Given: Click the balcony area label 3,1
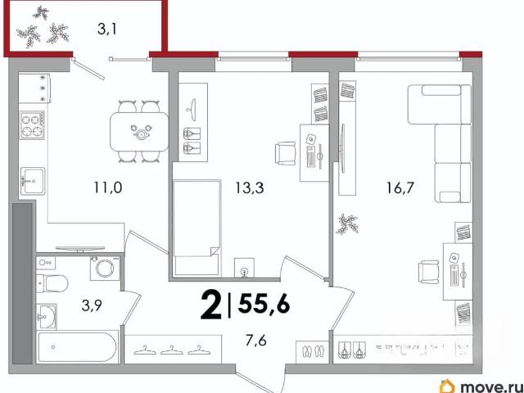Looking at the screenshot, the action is point(106,29).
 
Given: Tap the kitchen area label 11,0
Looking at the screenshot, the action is point(107,187).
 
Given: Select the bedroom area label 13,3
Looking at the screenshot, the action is point(249,187).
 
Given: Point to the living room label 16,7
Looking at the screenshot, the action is point(400,187).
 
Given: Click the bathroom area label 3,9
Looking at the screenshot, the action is point(91,306).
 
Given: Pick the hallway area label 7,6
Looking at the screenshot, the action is point(257,341).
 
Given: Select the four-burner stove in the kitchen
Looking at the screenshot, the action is point(33,125).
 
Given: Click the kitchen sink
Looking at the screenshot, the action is point(33,181).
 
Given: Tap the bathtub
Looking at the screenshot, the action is point(77,346).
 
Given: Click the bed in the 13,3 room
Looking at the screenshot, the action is point(196,228).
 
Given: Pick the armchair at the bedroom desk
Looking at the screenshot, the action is point(286,153).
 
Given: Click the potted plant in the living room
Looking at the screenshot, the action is point(348,224).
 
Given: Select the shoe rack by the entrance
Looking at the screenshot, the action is point(313,351).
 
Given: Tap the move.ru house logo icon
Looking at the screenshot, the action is point(449,386).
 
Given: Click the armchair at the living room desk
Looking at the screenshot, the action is point(429,272).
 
